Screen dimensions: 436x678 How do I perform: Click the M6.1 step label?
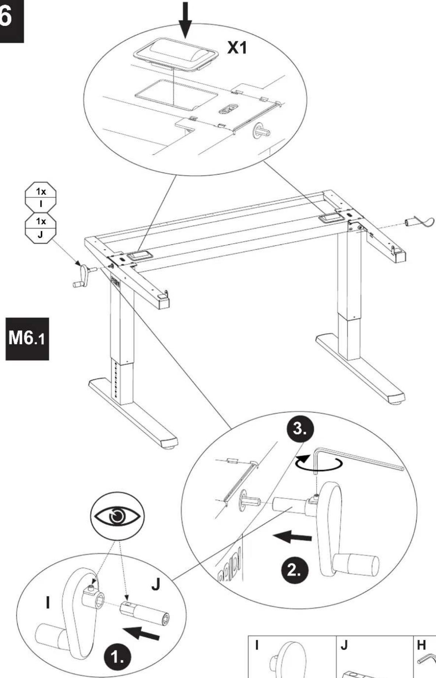(27, 339)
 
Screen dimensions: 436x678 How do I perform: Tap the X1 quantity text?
(238, 48)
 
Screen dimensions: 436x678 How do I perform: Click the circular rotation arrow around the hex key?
(320, 464)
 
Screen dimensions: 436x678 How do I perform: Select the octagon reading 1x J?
(41, 227)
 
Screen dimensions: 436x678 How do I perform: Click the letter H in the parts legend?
(421, 645)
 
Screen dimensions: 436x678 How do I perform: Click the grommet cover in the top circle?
(175, 54)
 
